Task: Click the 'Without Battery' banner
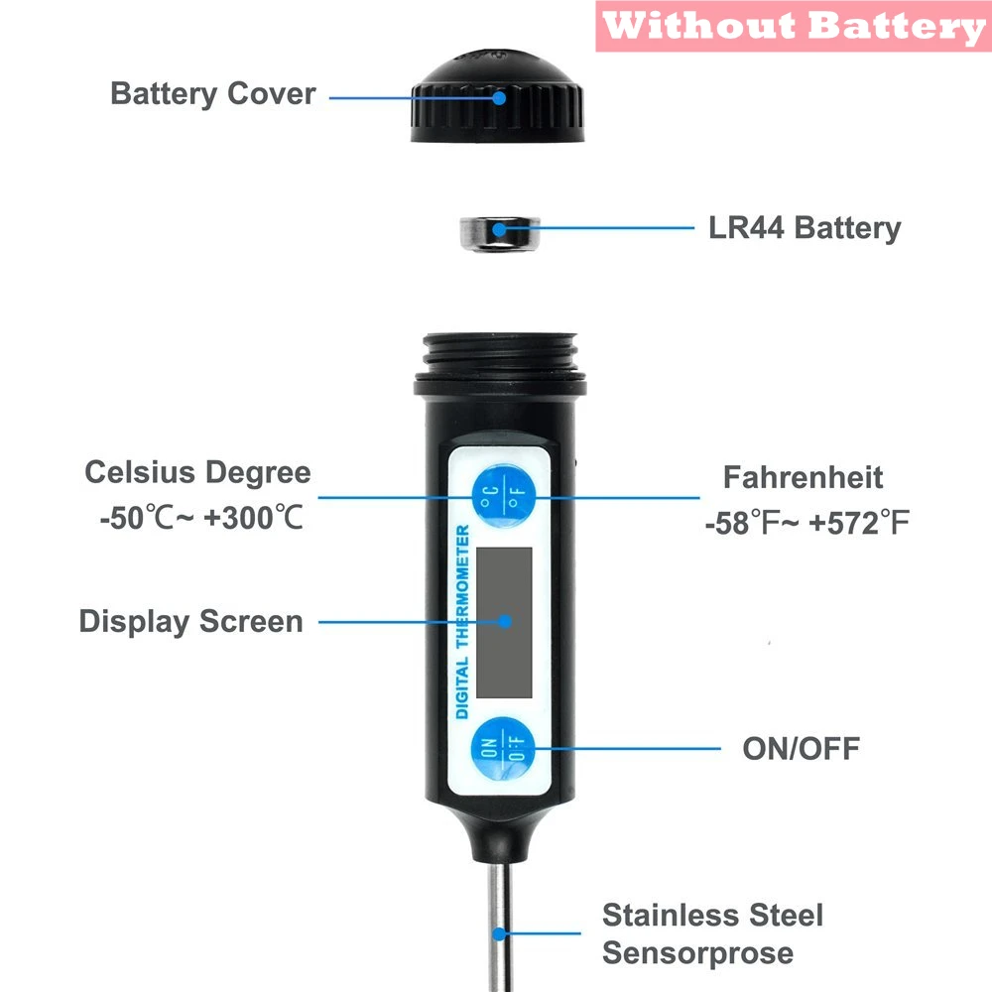(793, 26)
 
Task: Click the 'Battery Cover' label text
(212, 94)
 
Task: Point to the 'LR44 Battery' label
(805, 228)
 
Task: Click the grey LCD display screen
(504, 621)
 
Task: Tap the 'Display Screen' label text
(190, 622)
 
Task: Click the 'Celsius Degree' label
(197, 472)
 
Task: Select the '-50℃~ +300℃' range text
(201, 518)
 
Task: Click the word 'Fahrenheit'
(803, 477)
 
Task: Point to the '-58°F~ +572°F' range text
(806, 523)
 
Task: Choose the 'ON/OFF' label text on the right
(801, 748)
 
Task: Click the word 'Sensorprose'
(697, 954)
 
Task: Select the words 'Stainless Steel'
(712, 915)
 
